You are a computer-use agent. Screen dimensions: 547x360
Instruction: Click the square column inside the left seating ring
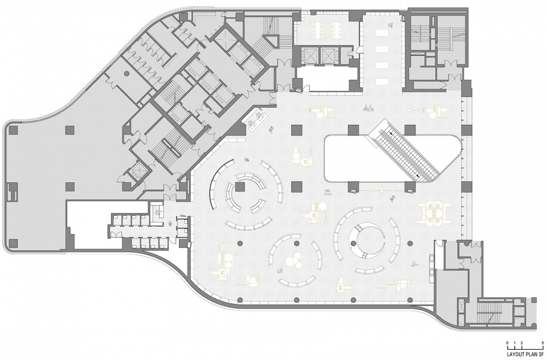coord(240,187)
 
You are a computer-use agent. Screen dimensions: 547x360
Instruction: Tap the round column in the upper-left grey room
coord(126,74)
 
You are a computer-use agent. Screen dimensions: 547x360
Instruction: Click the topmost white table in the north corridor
coord(381,32)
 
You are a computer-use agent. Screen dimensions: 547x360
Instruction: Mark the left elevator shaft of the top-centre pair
coord(308,55)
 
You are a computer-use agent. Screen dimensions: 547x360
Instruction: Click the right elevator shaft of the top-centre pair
coord(330,55)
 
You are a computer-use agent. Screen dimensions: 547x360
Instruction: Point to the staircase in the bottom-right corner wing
coord(489,312)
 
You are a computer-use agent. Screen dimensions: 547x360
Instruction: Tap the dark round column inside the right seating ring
coord(353,243)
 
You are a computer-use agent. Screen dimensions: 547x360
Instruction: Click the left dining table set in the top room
coord(318,30)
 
